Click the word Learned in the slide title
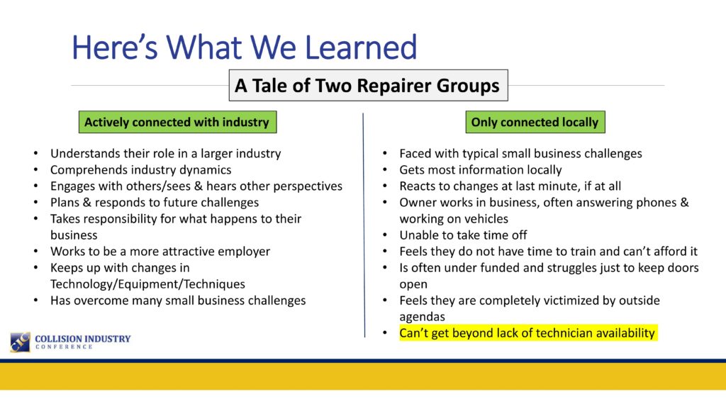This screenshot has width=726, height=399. click(361, 47)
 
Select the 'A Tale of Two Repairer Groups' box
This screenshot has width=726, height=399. click(368, 86)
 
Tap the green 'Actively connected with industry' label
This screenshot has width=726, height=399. click(177, 122)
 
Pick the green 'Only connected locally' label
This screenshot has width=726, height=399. click(535, 122)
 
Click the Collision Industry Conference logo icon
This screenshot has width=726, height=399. click(21, 342)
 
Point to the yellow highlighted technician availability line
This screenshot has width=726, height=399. click(527, 333)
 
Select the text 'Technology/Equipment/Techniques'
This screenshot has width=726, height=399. click(147, 283)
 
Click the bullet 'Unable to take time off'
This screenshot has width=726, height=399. click(463, 235)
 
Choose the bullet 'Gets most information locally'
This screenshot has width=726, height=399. click(481, 170)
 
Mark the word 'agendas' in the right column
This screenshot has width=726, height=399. click(423, 317)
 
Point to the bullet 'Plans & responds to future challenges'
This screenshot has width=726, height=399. click(155, 202)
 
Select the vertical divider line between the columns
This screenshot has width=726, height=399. click(364, 225)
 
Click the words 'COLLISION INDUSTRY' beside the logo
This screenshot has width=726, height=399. click(83, 339)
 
